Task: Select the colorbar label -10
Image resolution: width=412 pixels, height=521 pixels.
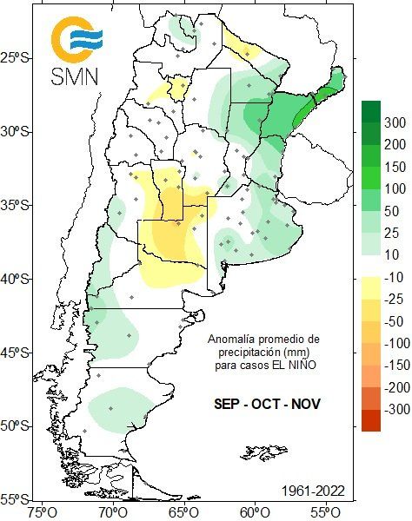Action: (395, 277)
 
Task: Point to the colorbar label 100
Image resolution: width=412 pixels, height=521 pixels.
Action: (395, 188)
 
